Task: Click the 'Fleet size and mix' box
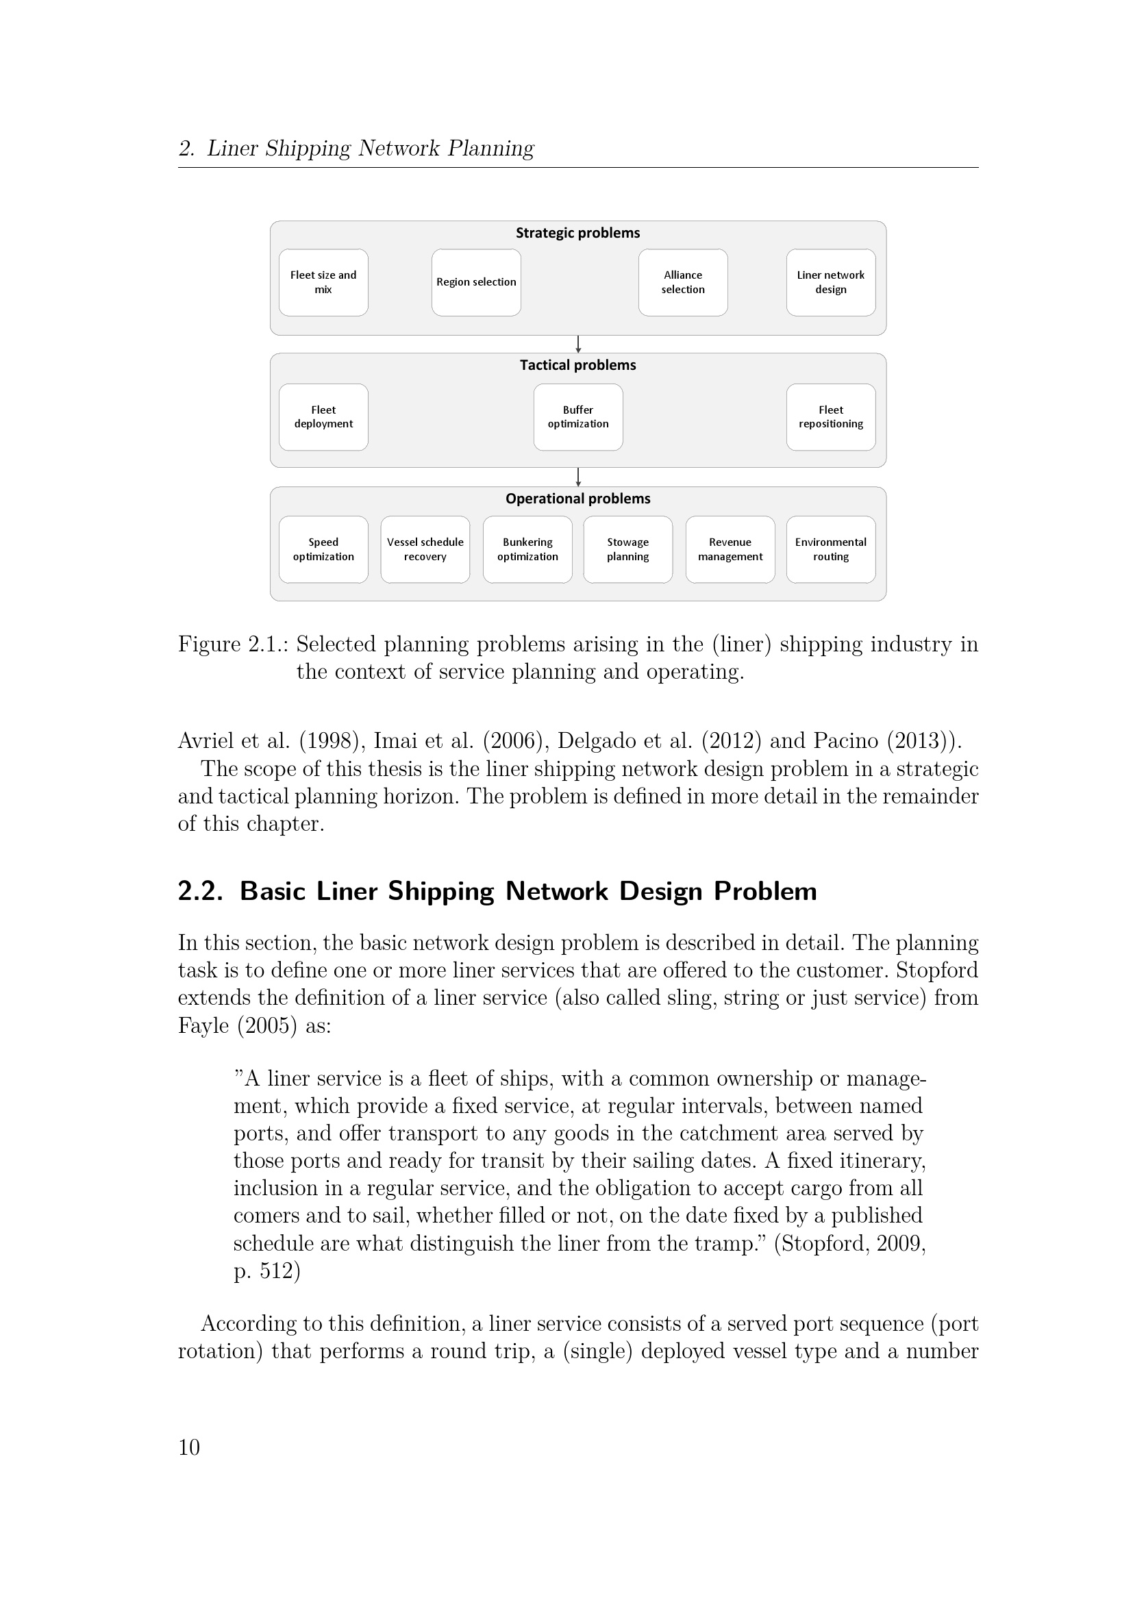[323, 283]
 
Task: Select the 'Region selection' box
[476, 283]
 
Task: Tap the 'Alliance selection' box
[682, 283]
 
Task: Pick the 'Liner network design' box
[830, 283]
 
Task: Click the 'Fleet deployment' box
[323, 417]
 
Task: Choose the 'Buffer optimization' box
[577, 417]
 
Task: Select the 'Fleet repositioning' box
[830, 417]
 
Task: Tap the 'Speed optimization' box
[323, 550]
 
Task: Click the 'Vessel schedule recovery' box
[425, 550]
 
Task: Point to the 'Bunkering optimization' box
[527, 550]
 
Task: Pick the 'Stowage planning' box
[628, 550]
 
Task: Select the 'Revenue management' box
[730, 550]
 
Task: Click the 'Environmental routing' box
[830, 550]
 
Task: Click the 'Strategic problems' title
[577, 233]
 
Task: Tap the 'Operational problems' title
[577, 499]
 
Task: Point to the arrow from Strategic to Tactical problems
[578, 344]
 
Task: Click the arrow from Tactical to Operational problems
[578, 477]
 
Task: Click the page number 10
[189, 1447]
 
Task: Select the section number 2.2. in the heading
[200, 892]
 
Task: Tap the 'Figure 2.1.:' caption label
[233, 644]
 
